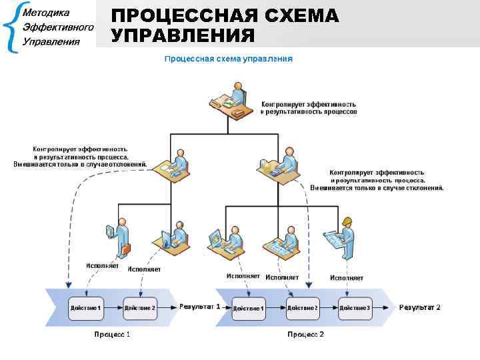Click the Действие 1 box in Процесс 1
pos(85,308)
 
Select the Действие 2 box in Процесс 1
pos(140,308)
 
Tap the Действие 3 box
pos(355,308)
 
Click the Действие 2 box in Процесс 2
pos(302,308)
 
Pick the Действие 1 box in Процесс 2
pos(249,309)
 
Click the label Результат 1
pos(199,307)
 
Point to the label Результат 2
pos(419,307)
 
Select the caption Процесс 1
pos(112,334)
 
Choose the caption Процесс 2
pos(305,334)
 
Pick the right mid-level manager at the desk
pos(279,163)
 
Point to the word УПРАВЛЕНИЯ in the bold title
pos(183,35)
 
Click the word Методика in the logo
pos(46,13)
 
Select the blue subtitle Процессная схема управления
pos(229,59)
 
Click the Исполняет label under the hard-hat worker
pos(347,277)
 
